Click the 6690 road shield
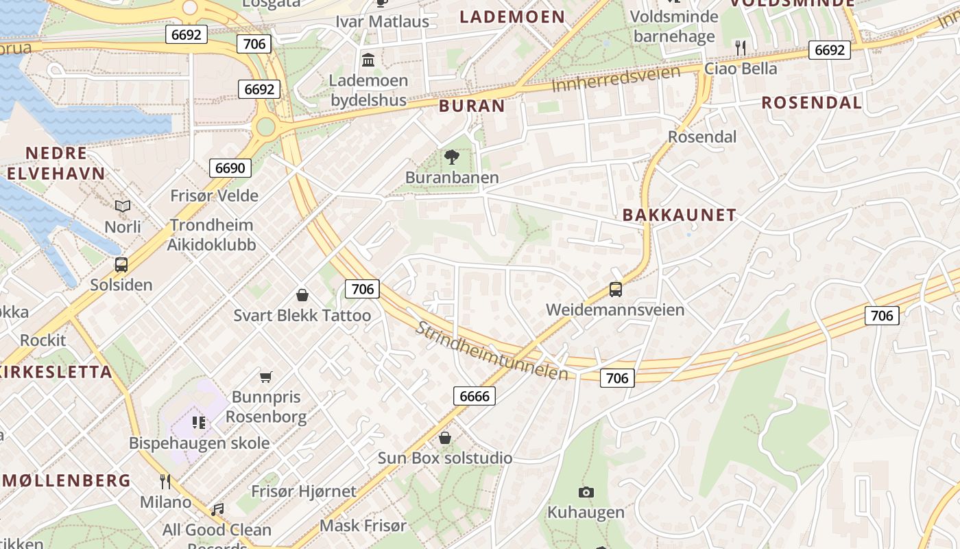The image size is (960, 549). point(230,168)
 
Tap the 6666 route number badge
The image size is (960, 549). point(475,395)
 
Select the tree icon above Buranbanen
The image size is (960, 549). point(451,157)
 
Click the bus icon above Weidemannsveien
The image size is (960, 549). point(615,290)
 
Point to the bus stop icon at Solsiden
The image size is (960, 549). point(121,264)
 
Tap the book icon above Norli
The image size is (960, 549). point(123,206)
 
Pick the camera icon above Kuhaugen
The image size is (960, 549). point(586,492)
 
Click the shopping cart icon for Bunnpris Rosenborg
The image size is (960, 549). point(266,376)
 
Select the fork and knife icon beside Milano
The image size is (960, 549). point(165,481)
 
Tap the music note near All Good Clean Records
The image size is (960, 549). point(217,509)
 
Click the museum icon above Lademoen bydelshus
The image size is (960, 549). point(368,60)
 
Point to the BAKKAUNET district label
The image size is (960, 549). point(679,215)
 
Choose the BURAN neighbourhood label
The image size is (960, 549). point(472,106)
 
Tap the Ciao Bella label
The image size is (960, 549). point(741,69)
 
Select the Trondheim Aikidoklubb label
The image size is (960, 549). point(212,235)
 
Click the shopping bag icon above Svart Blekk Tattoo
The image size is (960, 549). point(302,295)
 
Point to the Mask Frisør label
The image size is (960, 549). point(363,526)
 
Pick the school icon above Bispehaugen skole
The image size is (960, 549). point(199,422)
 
